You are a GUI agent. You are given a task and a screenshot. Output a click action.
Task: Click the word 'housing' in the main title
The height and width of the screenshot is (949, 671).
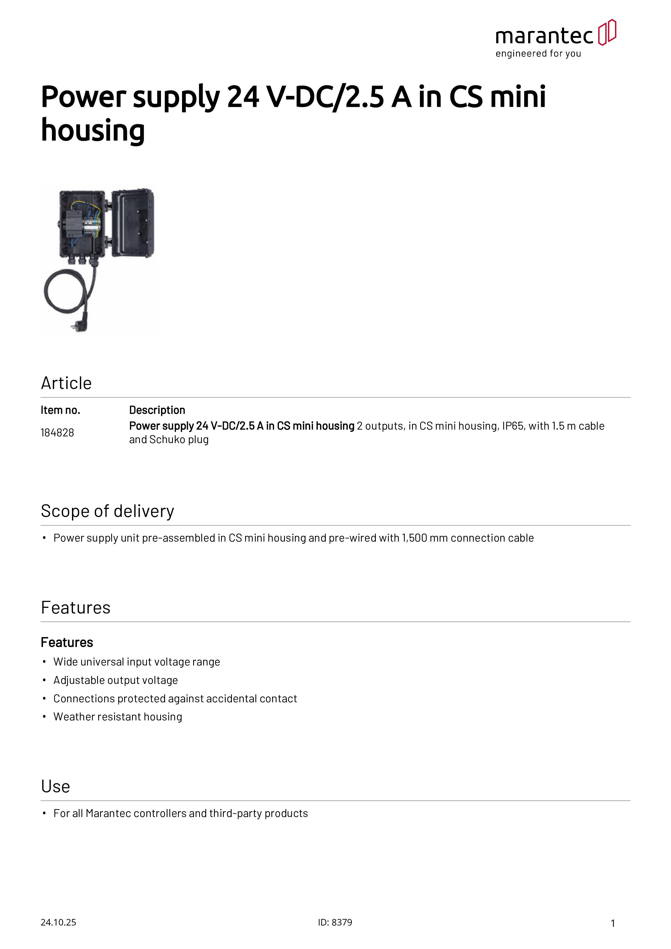pyautogui.click(x=93, y=130)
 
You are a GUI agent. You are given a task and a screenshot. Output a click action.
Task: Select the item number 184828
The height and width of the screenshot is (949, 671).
pyautogui.click(x=57, y=433)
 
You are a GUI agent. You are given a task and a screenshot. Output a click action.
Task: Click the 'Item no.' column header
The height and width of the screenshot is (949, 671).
pyautogui.click(x=60, y=410)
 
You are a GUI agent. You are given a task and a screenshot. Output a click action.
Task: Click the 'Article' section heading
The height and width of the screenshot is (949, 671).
pyautogui.click(x=66, y=383)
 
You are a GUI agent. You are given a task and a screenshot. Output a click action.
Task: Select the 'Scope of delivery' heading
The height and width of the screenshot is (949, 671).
pyautogui.click(x=107, y=511)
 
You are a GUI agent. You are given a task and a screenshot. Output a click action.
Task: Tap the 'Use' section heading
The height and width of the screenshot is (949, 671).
pyautogui.click(x=55, y=787)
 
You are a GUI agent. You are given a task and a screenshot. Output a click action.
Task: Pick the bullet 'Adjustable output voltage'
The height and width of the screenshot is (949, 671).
pyautogui.click(x=115, y=680)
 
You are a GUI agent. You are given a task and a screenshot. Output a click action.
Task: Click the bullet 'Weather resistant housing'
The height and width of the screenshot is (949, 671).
pyautogui.click(x=117, y=717)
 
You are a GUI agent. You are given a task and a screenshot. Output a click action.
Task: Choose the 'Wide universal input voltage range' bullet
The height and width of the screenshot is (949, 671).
pyautogui.click(x=136, y=662)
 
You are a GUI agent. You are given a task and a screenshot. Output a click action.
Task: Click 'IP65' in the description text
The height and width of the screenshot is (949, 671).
pyautogui.click(x=512, y=426)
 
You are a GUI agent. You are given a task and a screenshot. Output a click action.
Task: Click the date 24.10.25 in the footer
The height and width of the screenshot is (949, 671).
pyautogui.click(x=58, y=922)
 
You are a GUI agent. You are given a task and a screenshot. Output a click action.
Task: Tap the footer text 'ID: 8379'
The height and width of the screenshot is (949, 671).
pyautogui.click(x=335, y=922)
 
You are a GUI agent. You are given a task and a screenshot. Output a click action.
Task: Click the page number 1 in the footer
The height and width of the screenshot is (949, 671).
pyautogui.click(x=613, y=923)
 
